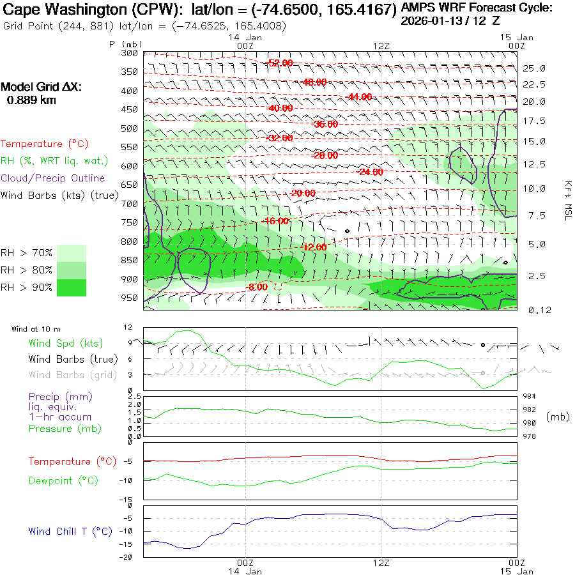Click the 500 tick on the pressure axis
tap(130, 128)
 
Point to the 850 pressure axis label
tap(130, 260)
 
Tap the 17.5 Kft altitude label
tap(535, 121)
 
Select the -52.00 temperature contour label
tap(280, 63)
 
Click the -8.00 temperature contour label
tap(256, 287)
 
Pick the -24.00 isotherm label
tap(370, 172)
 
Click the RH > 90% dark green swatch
tap(72, 287)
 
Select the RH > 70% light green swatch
tap(72, 253)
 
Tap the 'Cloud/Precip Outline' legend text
tap(53, 178)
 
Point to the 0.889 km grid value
tap(31, 100)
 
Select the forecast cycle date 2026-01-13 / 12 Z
tap(450, 20)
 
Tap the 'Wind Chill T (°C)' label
tap(70, 531)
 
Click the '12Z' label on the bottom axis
tap(381, 563)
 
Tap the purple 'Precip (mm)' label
tap(55, 396)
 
